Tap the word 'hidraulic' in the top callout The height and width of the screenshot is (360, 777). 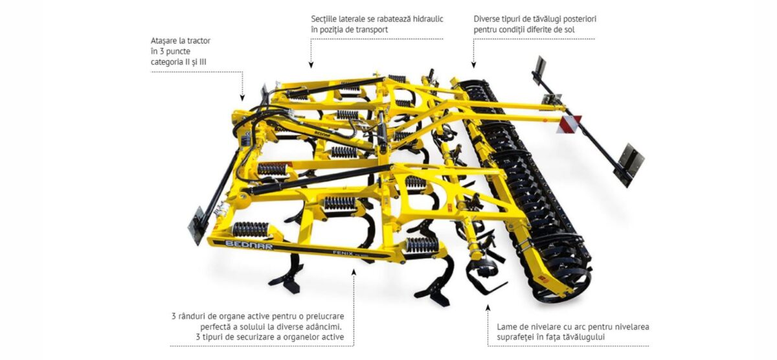pyautogui.click(x=426, y=19)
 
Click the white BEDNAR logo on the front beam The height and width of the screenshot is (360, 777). pyautogui.click(x=249, y=245)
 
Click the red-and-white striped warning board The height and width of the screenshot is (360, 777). pyautogui.click(x=569, y=124)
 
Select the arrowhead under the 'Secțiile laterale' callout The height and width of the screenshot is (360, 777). pyautogui.click(x=311, y=65)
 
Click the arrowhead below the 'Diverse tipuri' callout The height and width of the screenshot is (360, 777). pyautogui.click(x=474, y=65)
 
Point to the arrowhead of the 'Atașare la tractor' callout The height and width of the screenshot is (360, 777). pyautogui.click(x=242, y=98)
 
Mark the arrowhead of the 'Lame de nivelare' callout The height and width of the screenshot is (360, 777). pyautogui.click(x=488, y=308)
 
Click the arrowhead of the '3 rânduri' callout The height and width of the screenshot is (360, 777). pyautogui.click(x=354, y=273)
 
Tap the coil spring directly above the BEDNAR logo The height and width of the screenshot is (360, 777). pyautogui.click(x=251, y=229)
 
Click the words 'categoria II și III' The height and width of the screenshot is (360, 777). pyautogui.click(x=178, y=62)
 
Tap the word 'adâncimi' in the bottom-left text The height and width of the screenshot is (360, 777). pyautogui.click(x=325, y=327)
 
